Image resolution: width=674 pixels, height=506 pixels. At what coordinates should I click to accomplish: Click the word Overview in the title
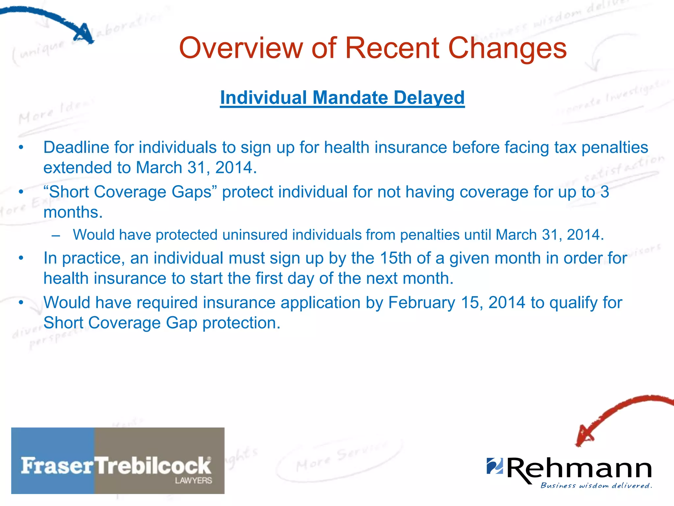(240, 48)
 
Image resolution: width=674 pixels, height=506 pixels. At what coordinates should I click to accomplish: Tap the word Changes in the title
(507, 48)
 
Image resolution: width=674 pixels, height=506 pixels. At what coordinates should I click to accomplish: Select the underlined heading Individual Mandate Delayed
(342, 98)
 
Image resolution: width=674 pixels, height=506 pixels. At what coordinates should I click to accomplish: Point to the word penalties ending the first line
(614, 147)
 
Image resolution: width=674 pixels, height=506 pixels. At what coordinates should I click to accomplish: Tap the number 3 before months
(605, 192)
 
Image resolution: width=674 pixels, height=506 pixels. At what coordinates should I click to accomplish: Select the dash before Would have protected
(56, 235)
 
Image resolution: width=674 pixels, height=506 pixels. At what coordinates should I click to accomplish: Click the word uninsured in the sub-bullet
(254, 235)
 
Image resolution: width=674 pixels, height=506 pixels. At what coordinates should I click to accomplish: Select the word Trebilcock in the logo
(153, 466)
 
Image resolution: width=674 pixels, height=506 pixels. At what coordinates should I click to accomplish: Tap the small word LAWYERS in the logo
(193, 481)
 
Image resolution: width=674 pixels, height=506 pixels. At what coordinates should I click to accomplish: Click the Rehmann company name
(579, 468)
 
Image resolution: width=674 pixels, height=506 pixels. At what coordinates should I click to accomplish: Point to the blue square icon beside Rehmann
(495, 465)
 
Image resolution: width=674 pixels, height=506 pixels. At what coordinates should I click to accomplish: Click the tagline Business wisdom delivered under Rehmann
(596, 486)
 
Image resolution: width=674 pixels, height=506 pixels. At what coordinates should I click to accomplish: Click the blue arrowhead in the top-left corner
(85, 34)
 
